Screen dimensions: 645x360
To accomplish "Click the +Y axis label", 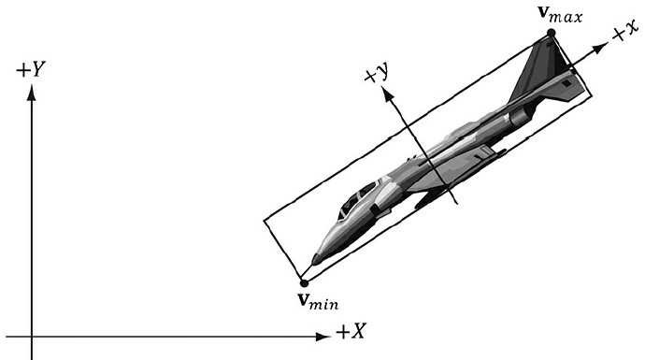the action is click(31, 69).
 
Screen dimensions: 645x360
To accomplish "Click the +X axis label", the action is click(351, 331).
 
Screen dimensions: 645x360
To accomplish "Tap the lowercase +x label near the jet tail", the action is click(625, 32).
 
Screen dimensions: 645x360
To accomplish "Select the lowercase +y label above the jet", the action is click(377, 74).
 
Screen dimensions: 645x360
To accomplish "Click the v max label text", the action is click(560, 14).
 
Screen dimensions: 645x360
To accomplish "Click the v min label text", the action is click(318, 301).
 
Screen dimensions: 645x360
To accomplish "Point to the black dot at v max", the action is click(552, 33).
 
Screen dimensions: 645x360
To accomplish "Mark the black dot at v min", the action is click(304, 283).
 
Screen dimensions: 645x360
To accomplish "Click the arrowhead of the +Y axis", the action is click(31, 92).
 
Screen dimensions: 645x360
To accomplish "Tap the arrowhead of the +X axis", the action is click(322, 337).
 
